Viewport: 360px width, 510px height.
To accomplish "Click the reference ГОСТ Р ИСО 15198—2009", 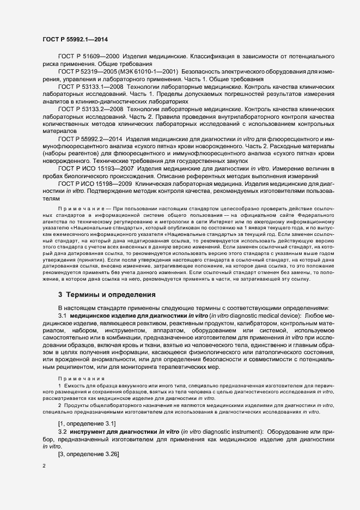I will pos(95,185).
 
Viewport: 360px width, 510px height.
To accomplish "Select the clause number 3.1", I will pos(62,315).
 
